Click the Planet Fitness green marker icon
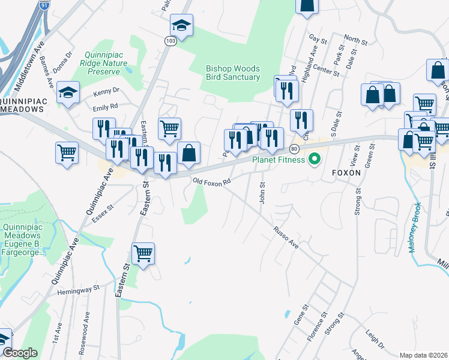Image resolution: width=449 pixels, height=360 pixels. [313, 160]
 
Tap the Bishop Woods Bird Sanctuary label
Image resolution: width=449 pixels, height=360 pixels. [233, 73]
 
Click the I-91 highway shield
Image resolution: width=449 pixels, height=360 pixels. [44, 5]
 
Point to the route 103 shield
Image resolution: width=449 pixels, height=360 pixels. [170, 40]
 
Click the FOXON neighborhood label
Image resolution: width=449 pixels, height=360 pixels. [347, 172]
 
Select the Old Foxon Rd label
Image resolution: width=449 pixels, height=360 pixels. [211, 181]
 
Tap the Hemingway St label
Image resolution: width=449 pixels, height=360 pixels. [78, 290]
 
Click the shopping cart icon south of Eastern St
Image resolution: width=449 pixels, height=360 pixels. [143, 253]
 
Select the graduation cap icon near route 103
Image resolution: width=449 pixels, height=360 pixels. [181, 25]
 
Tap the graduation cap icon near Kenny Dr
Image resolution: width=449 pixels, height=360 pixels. [69, 92]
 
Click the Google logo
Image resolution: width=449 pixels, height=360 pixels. [20, 353]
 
